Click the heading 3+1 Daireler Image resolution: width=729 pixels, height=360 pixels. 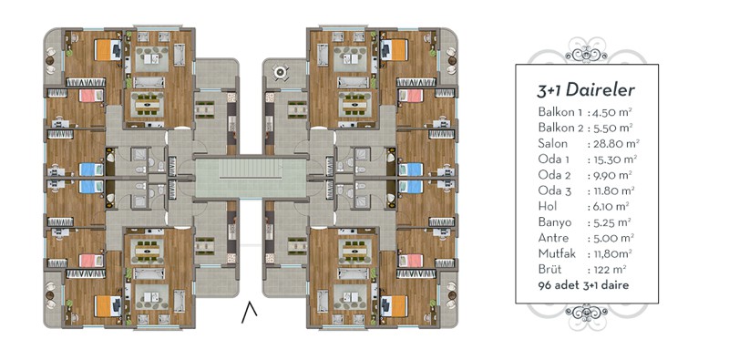click(x=585, y=90)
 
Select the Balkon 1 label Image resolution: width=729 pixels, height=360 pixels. click(x=560, y=112)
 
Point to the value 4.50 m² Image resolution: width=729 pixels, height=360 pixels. click(x=611, y=112)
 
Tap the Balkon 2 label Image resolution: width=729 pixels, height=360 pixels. click(x=560, y=128)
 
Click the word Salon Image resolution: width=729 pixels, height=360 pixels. click(x=552, y=143)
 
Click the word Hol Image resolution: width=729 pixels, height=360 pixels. click(x=548, y=206)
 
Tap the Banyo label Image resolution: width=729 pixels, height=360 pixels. click(x=555, y=222)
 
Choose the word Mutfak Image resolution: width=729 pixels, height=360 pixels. click(x=557, y=254)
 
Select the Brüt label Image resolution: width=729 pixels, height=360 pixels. click(x=550, y=269)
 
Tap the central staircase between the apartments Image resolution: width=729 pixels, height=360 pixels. click(x=251, y=177)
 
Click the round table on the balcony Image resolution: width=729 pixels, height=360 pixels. click(x=280, y=72)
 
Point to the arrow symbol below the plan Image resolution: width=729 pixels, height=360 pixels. click(x=249, y=312)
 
